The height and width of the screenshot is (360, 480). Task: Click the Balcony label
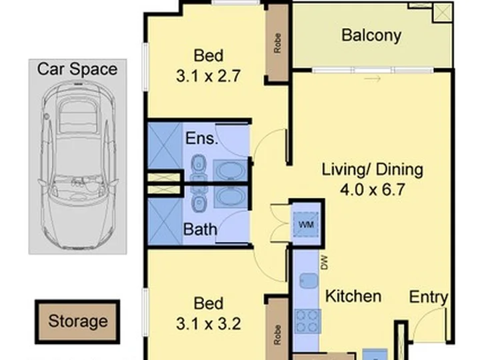click(371, 35)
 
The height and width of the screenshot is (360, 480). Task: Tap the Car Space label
click(77, 69)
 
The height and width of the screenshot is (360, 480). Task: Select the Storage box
click(77, 321)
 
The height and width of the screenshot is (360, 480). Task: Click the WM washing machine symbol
click(306, 225)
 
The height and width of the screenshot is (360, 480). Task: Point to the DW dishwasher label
click(325, 263)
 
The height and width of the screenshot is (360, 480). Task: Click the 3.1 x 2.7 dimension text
click(209, 76)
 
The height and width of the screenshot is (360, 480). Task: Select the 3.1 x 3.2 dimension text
click(209, 324)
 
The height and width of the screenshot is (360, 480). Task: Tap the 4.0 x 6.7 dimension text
click(373, 189)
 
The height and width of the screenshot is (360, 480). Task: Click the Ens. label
click(202, 138)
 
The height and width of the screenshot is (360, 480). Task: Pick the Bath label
click(200, 229)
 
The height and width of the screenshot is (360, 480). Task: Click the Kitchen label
click(353, 296)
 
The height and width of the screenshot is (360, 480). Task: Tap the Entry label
click(429, 297)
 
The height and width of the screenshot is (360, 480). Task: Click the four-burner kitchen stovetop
click(307, 321)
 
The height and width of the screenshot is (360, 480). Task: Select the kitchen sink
click(309, 281)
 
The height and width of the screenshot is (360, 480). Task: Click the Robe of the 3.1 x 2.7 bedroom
click(277, 43)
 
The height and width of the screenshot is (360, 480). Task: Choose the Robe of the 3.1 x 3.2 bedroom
click(277, 335)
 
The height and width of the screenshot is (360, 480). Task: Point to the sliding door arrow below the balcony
click(372, 79)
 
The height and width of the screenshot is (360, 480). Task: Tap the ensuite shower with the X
click(165, 146)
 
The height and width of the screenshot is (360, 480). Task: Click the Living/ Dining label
click(373, 170)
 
